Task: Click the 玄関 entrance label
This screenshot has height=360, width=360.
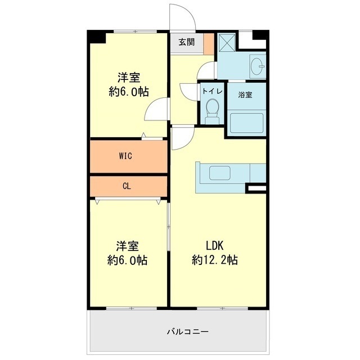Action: (x=187, y=42)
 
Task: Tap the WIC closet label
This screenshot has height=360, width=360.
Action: (x=125, y=156)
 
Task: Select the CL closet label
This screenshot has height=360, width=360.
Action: (x=127, y=186)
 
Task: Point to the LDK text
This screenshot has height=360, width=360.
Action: (x=214, y=245)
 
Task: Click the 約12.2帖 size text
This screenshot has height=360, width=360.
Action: (x=214, y=260)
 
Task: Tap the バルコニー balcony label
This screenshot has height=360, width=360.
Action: (x=187, y=331)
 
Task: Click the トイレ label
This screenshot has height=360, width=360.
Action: (x=211, y=91)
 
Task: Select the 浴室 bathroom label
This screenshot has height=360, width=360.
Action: (x=245, y=94)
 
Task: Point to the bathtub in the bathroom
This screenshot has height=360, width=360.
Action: (x=246, y=122)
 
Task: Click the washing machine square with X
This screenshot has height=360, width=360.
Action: (x=227, y=42)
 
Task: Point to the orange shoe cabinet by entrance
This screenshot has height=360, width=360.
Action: (x=209, y=44)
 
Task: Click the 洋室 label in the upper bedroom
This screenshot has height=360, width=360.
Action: (x=129, y=77)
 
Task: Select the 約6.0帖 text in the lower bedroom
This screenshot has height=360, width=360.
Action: (x=128, y=260)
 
